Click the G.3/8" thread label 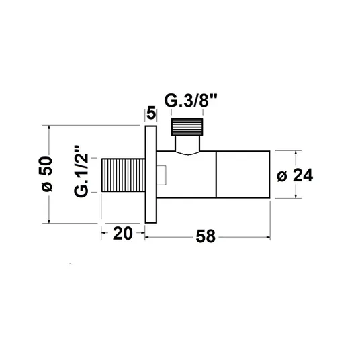coord(191,101)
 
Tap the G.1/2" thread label coord(81,171)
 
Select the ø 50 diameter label coord(47,174)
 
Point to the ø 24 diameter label coord(295,175)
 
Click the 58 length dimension coord(206,236)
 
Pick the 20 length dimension coord(123,234)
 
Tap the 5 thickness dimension coord(151,114)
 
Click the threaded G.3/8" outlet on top coord(187,127)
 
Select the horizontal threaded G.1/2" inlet coord(124,175)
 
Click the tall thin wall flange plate coord(151,174)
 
